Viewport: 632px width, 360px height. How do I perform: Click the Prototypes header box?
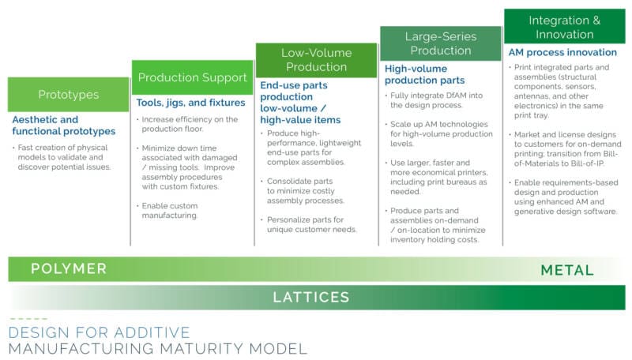(x=69, y=95)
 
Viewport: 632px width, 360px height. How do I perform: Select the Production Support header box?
(x=192, y=77)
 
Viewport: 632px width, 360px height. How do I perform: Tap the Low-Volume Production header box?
(x=317, y=60)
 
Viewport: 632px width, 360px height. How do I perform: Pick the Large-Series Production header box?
(x=441, y=43)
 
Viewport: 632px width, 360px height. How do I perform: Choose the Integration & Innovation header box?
(x=565, y=27)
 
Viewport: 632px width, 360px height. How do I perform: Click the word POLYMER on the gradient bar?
(x=69, y=269)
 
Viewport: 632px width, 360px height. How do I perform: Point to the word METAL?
(x=567, y=270)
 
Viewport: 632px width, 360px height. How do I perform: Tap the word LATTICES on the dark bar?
(x=310, y=298)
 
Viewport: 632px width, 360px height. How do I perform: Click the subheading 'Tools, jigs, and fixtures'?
(x=190, y=103)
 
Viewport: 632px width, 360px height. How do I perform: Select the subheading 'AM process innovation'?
(x=562, y=52)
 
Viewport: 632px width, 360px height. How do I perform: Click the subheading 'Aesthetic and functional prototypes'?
(x=64, y=126)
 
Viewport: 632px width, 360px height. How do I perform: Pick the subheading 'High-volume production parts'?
(x=425, y=74)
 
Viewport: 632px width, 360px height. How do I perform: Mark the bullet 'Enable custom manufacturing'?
(x=169, y=211)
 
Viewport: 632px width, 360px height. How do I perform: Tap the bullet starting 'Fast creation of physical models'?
(x=62, y=157)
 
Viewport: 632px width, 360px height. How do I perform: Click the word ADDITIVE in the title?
(x=152, y=332)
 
